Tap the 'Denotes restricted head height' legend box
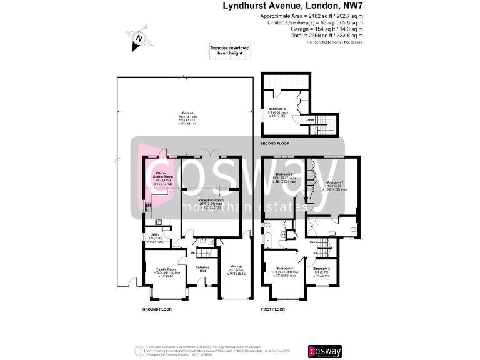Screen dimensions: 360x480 pos(229,51)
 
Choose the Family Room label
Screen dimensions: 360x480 pos(163,271)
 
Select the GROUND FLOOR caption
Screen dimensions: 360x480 pos(156,309)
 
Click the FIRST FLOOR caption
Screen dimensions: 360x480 pos(272,309)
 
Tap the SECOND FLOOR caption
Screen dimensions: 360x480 pos(276,143)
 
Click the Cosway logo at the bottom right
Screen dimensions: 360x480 pos(325,351)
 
